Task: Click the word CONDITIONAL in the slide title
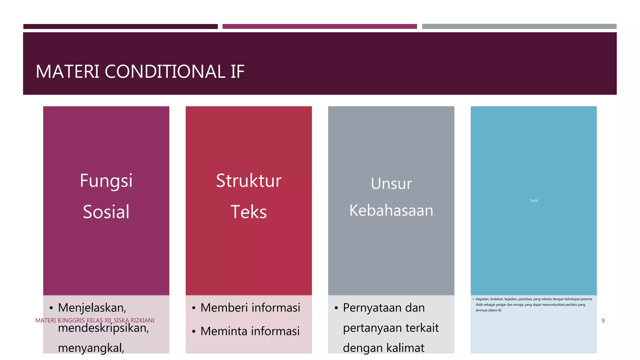pos(165,72)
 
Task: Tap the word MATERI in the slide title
pos(67,72)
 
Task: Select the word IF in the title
pos(237,72)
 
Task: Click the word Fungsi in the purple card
pos(106,181)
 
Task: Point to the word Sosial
pos(106,212)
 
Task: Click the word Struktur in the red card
pos(248,181)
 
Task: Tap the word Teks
pos(248,212)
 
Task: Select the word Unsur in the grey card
pos(391,183)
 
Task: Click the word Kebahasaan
pos(391,210)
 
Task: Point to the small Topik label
pos(533,200)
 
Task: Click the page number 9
pos(603,321)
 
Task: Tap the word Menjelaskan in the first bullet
pos(92,308)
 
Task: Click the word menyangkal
pos(91,348)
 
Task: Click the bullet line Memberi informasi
pos(250,308)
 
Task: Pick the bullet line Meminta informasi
pos(250,331)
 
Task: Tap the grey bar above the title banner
pos(519,27)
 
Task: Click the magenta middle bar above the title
pos(319,27)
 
